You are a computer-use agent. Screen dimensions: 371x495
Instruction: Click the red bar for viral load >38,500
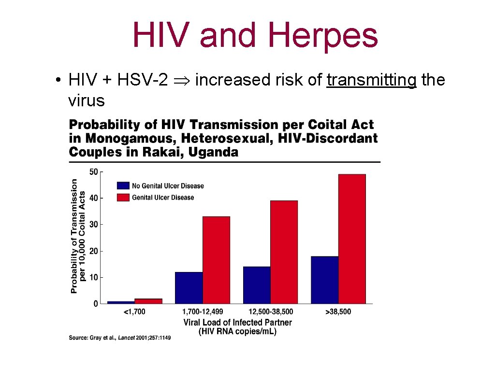pyautogui.click(x=352, y=239)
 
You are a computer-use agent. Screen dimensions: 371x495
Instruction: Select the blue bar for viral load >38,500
pyautogui.click(x=324, y=280)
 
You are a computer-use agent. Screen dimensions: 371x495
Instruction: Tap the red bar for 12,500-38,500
pyautogui.click(x=284, y=252)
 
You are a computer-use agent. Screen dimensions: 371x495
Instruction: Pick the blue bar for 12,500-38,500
pyautogui.click(x=257, y=285)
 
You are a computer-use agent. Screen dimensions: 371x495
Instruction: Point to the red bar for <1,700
pyautogui.click(x=148, y=301)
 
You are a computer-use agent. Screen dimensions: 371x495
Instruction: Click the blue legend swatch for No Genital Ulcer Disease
pyautogui.click(x=123, y=185)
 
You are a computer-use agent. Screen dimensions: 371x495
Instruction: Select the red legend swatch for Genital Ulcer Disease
pyautogui.click(x=123, y=197)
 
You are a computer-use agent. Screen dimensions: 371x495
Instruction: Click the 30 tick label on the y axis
pyautogui.click(x=93, y=225)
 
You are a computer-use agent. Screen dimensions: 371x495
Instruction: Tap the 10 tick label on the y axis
pyautogui.click(x=93, y=277)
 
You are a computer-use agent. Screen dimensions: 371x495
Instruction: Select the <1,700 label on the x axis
pyautogui.click(x=134, y=312)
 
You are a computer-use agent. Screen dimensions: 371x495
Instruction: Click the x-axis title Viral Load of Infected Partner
pyautogui.click(x=237, y=322)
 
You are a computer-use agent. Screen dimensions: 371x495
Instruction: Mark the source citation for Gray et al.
pyautogui.click(x=119, y=338)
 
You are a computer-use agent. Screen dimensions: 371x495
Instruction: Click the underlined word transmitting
pyautogui.click(x=371, y=80)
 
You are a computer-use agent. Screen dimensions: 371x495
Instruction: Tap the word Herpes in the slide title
pyautogui.click(x=322, y=35)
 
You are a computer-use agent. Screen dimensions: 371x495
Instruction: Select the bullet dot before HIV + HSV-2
pyautogui.click(x=58, y=80)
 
